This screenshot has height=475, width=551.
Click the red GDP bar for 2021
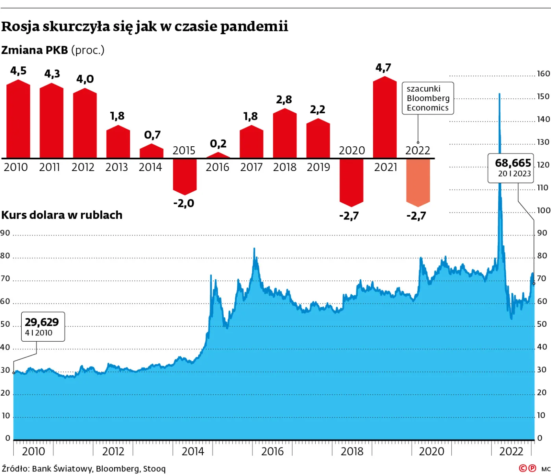(385, 118)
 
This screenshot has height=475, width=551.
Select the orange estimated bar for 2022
(418, 182)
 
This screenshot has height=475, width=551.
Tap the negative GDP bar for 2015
(185, 176)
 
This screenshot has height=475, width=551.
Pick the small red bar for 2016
(218, 156)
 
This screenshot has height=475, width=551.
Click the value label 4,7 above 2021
(383, 68)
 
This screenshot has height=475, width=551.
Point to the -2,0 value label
(184, 203)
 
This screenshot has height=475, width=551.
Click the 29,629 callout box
(43, 326)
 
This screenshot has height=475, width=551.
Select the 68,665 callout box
(511, 168)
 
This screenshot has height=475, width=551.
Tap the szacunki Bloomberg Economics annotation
(427, 98)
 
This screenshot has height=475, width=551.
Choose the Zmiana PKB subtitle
(53, 50)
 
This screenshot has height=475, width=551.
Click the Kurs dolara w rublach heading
(62, 215)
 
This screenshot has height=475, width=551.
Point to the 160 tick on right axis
(543, 74)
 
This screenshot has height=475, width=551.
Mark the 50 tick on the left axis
(5, 324)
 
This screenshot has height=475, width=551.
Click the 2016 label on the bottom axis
(272, 451)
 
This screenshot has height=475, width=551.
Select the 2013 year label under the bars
(116, 168)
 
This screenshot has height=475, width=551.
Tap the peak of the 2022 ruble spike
(499, 94)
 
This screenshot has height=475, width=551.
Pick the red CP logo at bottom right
(527, 468)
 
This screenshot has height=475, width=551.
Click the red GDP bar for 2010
(18, 120)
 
